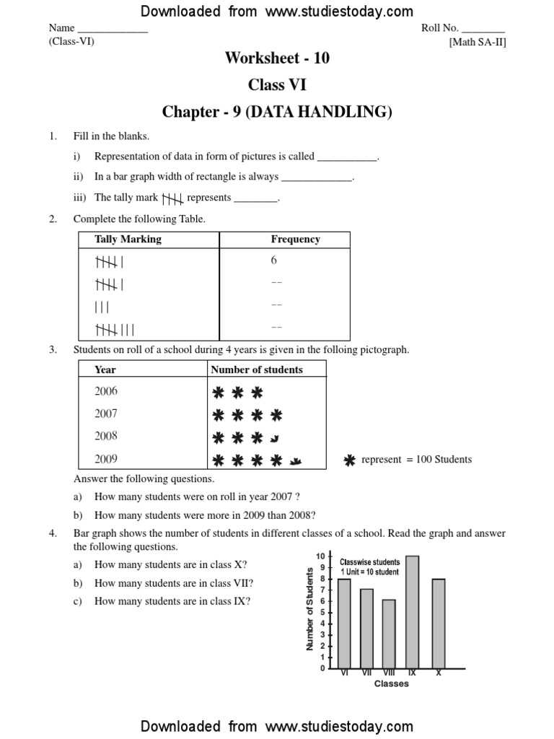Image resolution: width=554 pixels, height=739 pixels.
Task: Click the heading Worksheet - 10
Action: coord(277,58)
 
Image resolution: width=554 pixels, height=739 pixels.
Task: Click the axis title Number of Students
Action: coord(309,609)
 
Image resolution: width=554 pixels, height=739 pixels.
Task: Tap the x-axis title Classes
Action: coord(391,683)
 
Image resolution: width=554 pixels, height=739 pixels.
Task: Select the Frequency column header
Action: coord(295,240)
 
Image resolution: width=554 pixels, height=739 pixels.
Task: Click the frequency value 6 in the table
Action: coord(274,261)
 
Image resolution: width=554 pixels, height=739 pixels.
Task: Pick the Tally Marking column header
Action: coord(128,240)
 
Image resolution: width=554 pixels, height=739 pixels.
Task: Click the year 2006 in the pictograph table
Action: coord(106,391)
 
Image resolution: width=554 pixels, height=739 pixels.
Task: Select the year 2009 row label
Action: coord(106,458)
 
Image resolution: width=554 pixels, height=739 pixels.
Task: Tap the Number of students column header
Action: coord(256,369)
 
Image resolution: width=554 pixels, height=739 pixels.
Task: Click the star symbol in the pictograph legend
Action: coord(350,460)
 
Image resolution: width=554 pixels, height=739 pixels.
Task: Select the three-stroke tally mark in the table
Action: coord(102,307)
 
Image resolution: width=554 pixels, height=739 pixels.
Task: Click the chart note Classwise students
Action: coord(370,561)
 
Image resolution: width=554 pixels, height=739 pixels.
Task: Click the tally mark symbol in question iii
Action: coord(172,198)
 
